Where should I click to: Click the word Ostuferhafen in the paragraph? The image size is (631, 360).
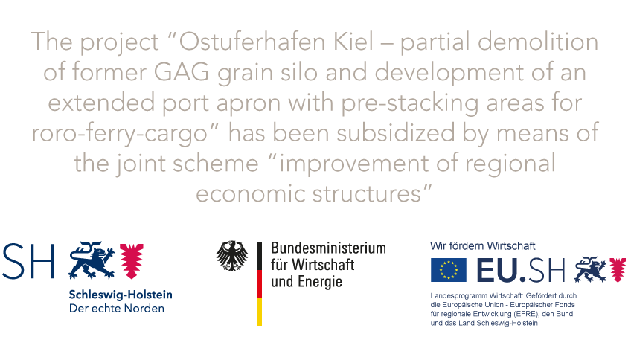pos(252,42)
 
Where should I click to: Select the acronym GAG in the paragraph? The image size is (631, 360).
pos(181,72)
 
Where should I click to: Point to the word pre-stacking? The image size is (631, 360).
pos(410,103)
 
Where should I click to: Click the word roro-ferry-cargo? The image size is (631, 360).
pos(120,134)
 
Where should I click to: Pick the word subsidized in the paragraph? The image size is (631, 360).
pos(396,133)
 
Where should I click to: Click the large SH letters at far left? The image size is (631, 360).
pos(28,260)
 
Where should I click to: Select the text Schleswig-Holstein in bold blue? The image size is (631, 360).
pos(121,295)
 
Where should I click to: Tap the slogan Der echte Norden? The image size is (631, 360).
pos(117,309)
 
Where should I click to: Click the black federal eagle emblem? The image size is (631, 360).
pos(232,255)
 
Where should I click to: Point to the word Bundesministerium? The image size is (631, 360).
pos(328,248)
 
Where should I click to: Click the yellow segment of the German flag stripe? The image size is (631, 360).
pos(259,312)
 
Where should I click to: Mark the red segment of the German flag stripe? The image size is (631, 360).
pos(259,283)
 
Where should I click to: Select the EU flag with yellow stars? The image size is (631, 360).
pos(448,270)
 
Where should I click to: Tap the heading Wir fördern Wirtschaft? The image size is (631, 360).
pos(482,245)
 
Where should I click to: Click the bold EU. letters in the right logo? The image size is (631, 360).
pos(501,270)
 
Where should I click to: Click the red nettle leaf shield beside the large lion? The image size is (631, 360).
pos(132,260)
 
